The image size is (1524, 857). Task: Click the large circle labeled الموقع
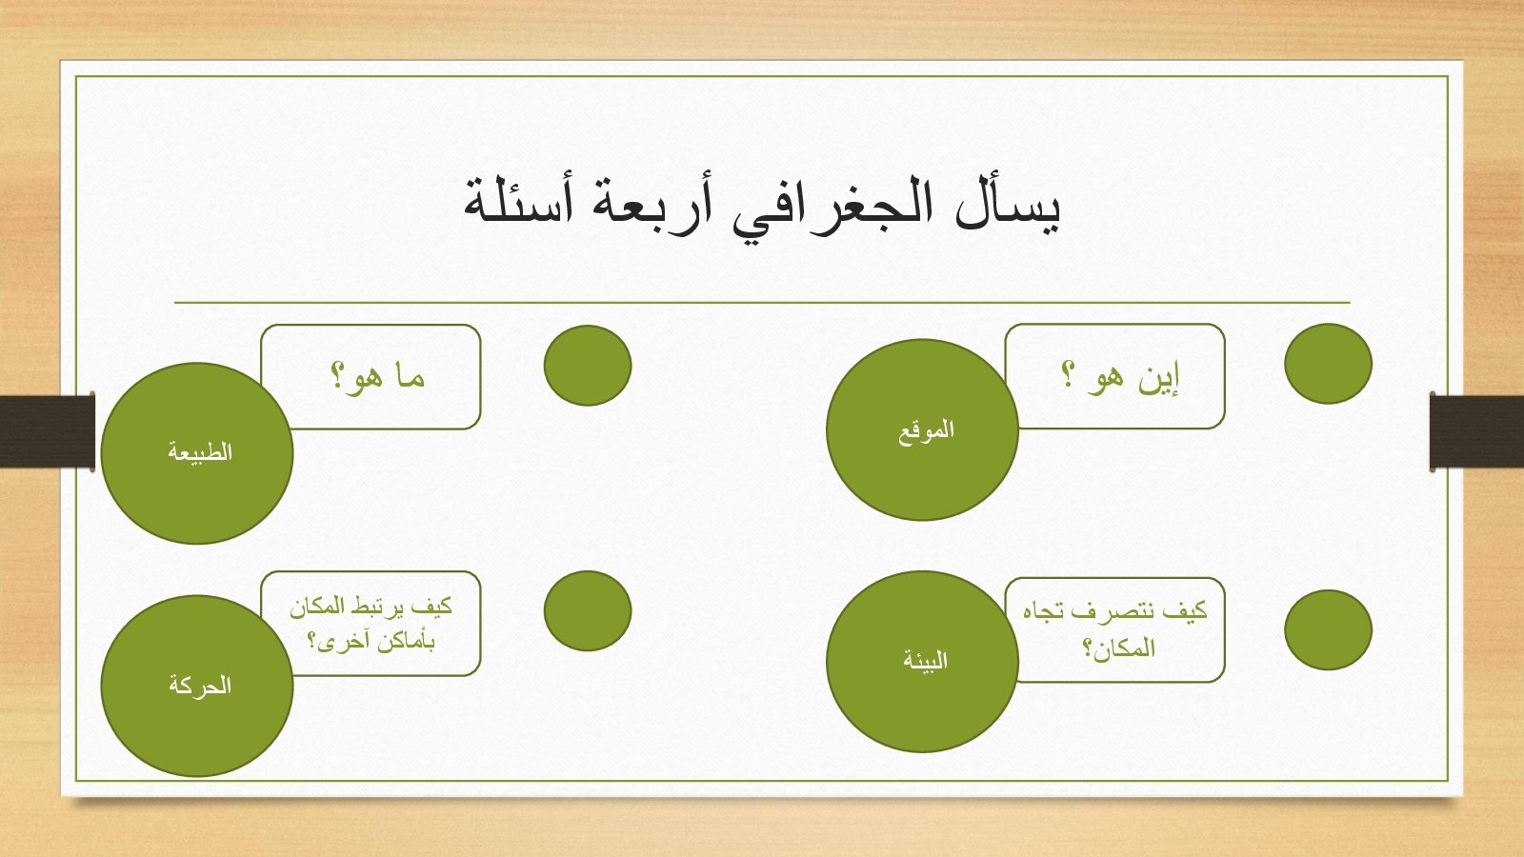coord(922,429)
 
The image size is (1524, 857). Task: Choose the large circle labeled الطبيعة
coord(196,453)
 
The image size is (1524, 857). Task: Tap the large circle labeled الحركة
coord(196,686)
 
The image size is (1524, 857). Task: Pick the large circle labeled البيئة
coord(922,661)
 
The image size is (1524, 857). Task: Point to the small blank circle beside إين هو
coord(1328,364)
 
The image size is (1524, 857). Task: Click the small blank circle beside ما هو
coord(588,366)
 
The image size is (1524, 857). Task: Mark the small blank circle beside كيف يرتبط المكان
coord(588,610)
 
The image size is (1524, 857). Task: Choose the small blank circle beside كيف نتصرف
coord(1328,629)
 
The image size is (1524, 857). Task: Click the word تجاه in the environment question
coord(1044,611)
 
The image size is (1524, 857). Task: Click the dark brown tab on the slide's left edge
coord(47,432)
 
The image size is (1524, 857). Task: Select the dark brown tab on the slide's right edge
coord(1477,432)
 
